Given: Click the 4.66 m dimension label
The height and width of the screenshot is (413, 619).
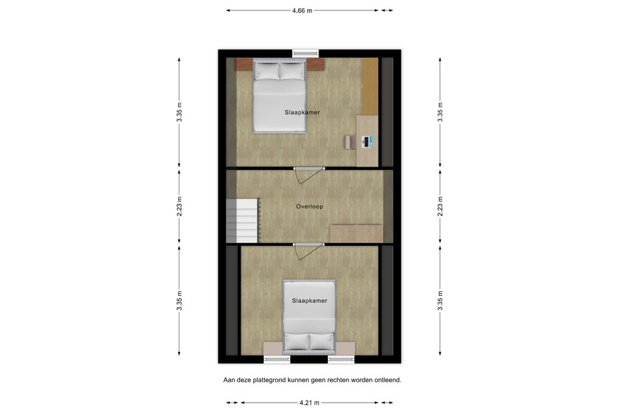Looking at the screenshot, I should point(302,10).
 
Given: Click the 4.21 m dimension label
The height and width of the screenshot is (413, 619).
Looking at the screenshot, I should point(309,403).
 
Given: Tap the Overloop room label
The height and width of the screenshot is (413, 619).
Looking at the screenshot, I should point(309,206).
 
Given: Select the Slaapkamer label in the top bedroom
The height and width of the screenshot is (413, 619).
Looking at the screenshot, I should point(302,112).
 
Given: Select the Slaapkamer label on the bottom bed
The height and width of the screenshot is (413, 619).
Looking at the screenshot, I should point(309,301).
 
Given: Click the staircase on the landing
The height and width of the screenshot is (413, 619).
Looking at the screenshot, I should point(241,219).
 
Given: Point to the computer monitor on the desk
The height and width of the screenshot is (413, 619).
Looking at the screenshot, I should point(368,142).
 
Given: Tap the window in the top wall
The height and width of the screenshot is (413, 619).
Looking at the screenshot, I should point(305,53).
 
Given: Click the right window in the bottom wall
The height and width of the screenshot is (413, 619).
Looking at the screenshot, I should point(341,359).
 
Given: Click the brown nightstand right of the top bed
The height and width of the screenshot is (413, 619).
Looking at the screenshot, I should point(316,65).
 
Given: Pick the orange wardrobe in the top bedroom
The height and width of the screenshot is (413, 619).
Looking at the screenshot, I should point(370,86).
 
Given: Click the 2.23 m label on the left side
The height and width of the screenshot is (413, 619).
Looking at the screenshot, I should point(179,206).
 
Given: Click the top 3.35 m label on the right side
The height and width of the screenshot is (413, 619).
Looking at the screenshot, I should point(440,112).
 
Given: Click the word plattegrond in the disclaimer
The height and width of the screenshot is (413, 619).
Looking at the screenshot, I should point(270,379).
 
